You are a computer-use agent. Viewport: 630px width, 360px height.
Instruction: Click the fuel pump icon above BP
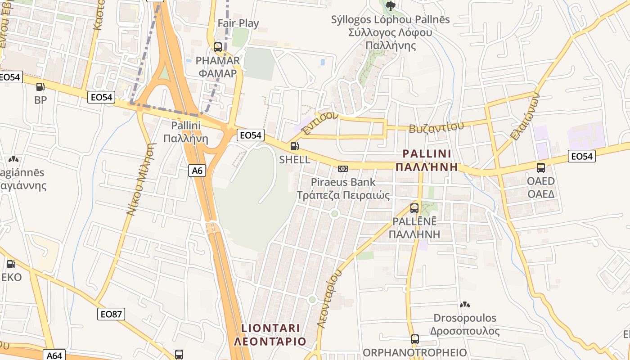coord(40,87)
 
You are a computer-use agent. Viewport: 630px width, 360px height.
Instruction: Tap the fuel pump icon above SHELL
coord(294,146)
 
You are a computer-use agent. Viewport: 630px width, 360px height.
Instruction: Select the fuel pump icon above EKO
coord(11,264)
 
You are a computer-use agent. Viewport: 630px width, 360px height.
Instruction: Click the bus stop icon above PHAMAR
coord(218,47)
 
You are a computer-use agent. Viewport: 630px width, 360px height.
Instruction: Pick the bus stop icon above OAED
coord(541,168)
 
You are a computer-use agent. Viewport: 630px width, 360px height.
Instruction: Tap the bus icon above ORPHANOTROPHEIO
coord(414,339)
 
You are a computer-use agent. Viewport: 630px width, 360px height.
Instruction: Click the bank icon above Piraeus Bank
coord(343,169)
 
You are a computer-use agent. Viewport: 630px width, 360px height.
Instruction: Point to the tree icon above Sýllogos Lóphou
coord(390,6)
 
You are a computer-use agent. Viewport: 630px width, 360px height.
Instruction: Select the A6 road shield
coord(197,171)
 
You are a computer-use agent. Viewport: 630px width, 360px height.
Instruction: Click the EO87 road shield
coord(111,314)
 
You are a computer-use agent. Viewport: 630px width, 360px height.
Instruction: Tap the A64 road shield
coord(54,355)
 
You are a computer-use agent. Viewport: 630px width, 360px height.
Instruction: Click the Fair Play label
coord(238,23)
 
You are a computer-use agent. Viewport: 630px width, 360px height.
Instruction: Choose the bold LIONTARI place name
coord(270,328)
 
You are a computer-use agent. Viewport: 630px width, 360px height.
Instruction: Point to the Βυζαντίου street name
coord(436,127)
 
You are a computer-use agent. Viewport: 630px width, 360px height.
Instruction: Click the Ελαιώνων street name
coord(525,117)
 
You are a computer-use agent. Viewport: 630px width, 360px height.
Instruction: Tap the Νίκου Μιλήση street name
coord(140,179)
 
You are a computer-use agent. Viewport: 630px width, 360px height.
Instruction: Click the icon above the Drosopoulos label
coord(465,305)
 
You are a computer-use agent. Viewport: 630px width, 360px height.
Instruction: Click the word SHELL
coord(294,159)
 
